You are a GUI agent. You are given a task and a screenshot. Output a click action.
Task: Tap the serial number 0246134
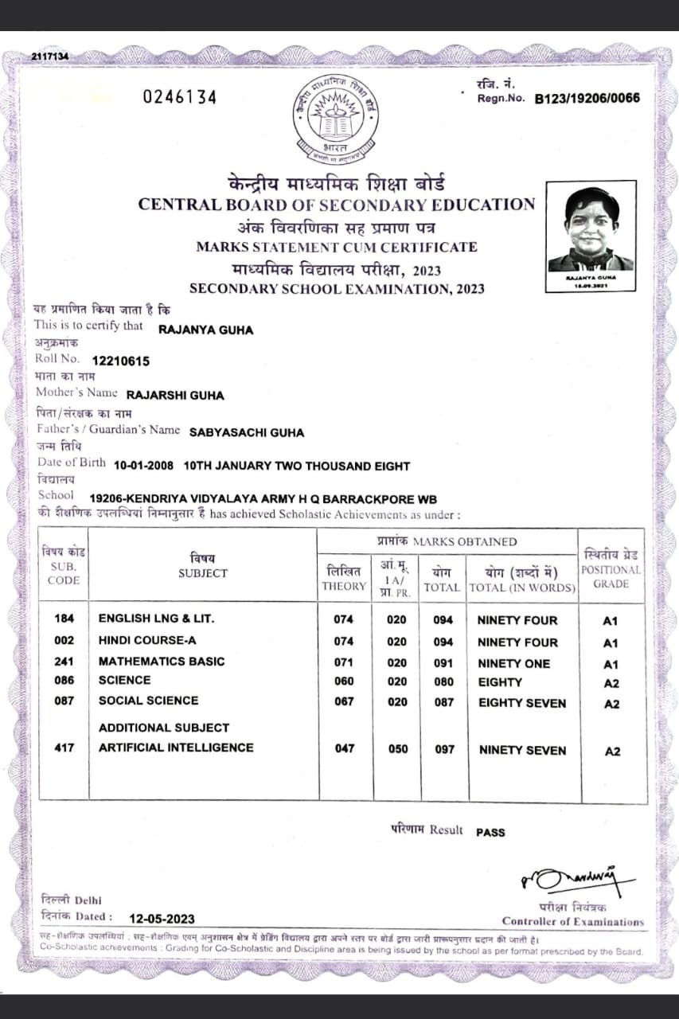[179, 97]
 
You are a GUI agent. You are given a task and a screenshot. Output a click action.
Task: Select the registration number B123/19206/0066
[587, 100]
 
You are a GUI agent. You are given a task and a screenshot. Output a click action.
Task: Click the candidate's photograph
[591, 226]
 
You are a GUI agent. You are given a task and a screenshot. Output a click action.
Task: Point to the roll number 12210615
[120, 361]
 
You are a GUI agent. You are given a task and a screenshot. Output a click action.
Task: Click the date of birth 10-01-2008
[144, 466]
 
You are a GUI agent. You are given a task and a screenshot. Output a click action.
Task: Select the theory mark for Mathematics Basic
[344, 662]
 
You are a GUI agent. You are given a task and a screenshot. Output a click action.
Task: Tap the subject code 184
[64, 619]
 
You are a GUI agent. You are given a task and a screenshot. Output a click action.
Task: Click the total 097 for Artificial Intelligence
[444, 749]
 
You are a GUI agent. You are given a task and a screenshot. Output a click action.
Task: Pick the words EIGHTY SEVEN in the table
[521, 704]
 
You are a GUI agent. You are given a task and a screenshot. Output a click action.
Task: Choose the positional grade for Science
[611, 683]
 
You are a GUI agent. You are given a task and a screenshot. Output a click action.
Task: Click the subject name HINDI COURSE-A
[147, 640]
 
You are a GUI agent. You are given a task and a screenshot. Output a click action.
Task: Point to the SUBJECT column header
[203, 572]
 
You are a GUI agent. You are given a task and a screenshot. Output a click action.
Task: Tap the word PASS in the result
[490, 832]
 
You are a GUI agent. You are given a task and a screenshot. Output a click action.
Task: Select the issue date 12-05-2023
[162, 918]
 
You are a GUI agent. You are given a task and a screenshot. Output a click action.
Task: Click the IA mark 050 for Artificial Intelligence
[396, 749]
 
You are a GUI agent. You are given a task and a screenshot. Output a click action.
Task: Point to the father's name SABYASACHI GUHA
[247, 432]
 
